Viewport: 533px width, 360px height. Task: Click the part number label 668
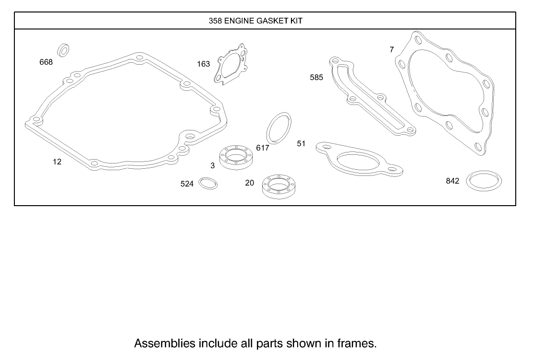coord(46,62)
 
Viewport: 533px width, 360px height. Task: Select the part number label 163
coord(204,64)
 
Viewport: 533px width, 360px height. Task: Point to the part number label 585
coord(316,77)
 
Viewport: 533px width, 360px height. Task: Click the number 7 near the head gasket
coord(392,49)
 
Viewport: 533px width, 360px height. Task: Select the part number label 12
coord(57,162)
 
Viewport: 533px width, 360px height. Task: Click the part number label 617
coord(263,148)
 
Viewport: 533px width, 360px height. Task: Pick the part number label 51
coord(301,143)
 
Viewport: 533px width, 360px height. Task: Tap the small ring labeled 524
coord(208,183)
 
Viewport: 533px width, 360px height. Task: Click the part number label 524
coord(187,184)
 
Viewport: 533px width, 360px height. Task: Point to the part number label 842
coord(452,181)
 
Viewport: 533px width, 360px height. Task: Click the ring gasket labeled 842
coord(484,181)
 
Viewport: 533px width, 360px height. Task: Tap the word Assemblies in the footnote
coord(165,343)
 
